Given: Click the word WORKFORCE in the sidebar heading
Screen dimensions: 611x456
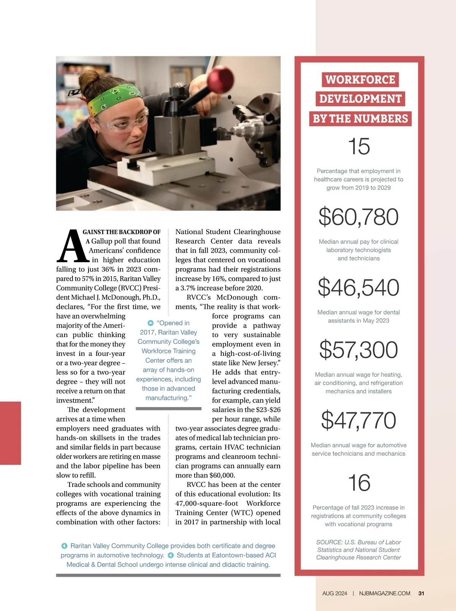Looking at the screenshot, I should [360, 80].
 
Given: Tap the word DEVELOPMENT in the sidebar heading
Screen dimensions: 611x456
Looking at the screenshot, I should [360, 99].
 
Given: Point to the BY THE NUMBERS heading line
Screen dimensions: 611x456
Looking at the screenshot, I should [360, 119].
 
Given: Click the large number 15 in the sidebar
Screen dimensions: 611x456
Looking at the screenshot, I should [359, 146].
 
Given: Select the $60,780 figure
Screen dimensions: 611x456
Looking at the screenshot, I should [359, 217].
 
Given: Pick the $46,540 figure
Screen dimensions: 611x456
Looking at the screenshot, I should [359, 287].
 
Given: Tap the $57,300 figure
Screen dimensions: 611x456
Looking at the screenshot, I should [359, 350].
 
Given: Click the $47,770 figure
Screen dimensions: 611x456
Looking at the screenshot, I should [359, 420].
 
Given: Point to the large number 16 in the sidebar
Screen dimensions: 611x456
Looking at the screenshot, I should [359, 483].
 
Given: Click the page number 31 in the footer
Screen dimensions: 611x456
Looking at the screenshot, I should [421, 593].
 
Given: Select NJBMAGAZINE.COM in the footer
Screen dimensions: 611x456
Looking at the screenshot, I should [385, 593].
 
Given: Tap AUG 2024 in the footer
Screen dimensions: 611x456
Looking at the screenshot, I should [334, 593].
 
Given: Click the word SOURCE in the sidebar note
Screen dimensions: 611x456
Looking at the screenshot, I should [329, 542].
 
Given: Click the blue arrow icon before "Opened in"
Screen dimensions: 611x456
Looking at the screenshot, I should [150, 323].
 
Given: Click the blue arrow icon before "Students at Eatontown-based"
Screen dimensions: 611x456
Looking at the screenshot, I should [171, 555].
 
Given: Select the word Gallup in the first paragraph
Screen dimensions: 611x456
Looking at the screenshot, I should [101, 241].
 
